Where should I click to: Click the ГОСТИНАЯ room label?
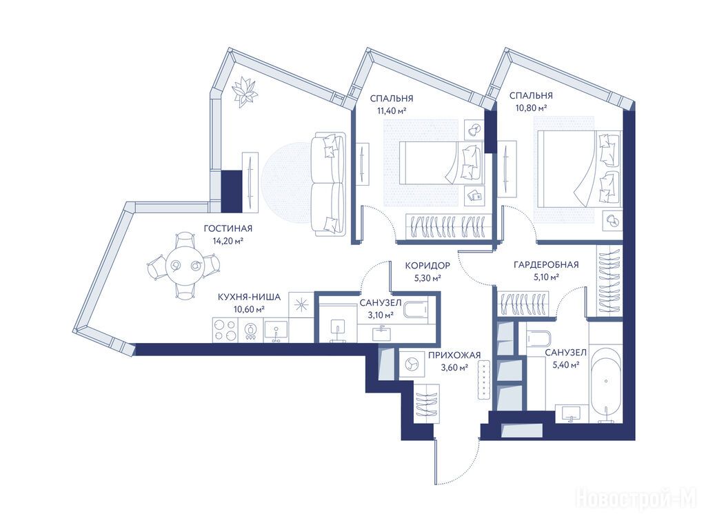228,228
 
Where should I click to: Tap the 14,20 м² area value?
228,241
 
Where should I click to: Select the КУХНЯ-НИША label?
249,297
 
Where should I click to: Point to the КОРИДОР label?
427,266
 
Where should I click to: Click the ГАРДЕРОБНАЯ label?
546,264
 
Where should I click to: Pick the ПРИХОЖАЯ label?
454,355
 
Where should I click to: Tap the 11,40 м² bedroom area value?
392,110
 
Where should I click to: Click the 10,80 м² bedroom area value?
532,108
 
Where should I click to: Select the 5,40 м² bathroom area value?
565,364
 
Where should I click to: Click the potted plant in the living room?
244,91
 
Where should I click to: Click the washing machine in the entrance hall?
411,364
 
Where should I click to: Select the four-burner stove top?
225,330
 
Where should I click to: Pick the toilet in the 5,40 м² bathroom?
536,337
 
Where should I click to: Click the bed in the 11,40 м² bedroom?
442,163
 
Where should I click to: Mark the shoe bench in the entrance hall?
483,380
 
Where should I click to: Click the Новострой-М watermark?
636,499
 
